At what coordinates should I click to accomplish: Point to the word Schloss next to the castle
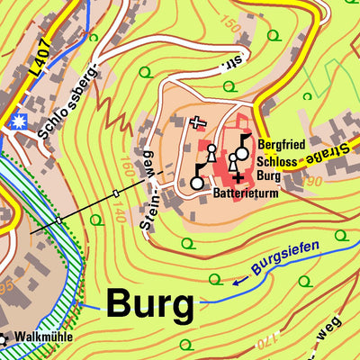[x=278, y=159]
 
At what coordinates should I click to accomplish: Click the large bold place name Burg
[x=150, y=304]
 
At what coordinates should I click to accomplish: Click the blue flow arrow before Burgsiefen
[x=240, y=281]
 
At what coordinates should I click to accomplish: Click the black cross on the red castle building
[x=238, y=178]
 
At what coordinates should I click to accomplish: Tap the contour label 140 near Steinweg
[x=121, y=213]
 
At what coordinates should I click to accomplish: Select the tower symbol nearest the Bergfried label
[x=242, y=149]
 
